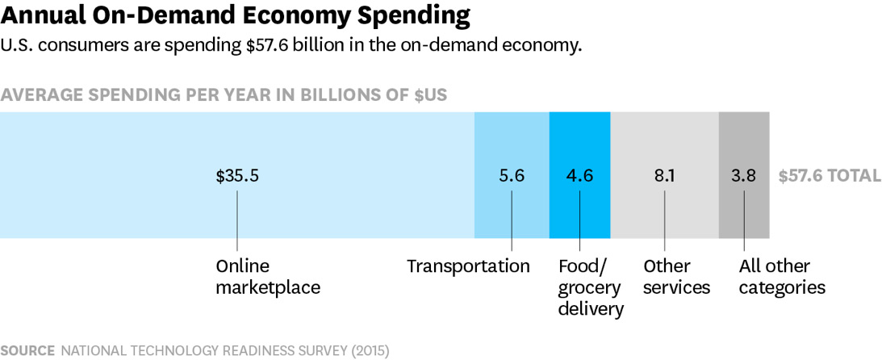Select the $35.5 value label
click(237, 176)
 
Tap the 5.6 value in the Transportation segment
click(512, 176)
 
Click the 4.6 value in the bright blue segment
click(580, 176)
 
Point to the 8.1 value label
click(664, 176)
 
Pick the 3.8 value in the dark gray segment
click(744, 176)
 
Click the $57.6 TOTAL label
click(830, 176)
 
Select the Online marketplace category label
click(267, 277)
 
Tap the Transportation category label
click(468, 266)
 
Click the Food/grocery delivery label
click(591, 287)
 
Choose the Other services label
click(676, 277)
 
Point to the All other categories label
click(782, 277)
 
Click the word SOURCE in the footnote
click(28, 350)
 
